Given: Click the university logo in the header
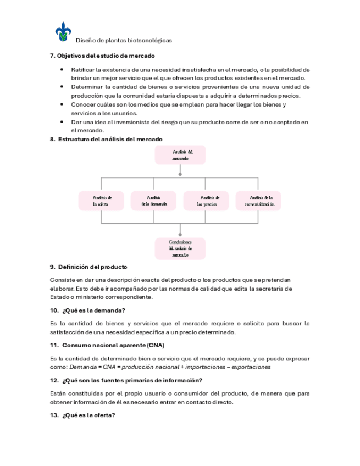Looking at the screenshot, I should click(x=63, y=32).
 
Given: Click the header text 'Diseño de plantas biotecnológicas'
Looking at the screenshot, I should click(x=123, y=40).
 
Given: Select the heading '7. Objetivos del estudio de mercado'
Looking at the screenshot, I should click(x=102, y=56).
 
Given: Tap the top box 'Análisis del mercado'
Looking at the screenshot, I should click(x=180, y=155).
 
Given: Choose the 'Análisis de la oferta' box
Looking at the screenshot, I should click(x=102, y=201).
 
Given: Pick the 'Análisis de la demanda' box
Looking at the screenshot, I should click(x=154, y=201).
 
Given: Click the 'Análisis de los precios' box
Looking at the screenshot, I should click(x=207, y=201).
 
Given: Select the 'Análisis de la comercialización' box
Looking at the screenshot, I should click(x=258, y=201).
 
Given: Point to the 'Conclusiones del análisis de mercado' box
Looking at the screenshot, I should click(x=180, y=248).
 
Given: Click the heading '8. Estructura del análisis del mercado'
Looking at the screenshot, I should click(x=106, y=140).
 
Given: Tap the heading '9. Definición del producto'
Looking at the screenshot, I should click(x=88, y=267).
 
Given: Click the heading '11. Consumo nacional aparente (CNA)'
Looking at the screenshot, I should click(x=107, y=345).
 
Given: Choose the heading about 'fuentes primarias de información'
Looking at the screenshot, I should click(x=126, y=380).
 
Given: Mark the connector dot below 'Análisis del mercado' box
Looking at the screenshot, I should click(x=180, y=174).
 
